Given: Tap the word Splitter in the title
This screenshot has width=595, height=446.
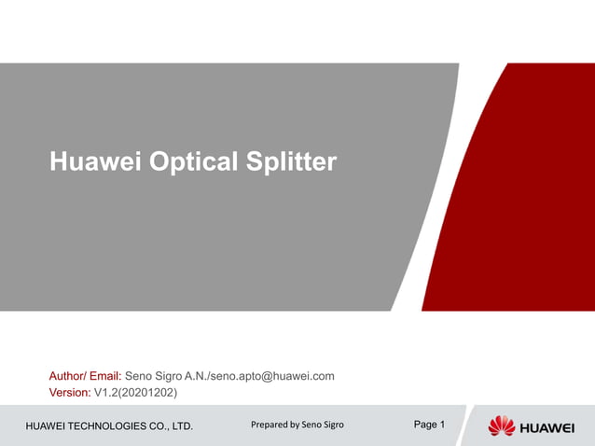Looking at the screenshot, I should pos(291,162).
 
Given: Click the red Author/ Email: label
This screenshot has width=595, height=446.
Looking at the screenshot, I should pos(85,376).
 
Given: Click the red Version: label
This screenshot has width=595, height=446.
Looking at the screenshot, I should pos(69,392).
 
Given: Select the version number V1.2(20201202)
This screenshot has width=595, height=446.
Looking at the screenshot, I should pos(135,392).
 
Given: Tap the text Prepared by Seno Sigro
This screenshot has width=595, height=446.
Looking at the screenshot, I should pos(297,425).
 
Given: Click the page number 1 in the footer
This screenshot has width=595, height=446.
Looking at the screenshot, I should pos(442,425).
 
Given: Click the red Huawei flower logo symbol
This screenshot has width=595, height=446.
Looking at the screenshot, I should pos(502,426).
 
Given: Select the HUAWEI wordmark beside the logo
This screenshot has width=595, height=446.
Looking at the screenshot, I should pos(547,427).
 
